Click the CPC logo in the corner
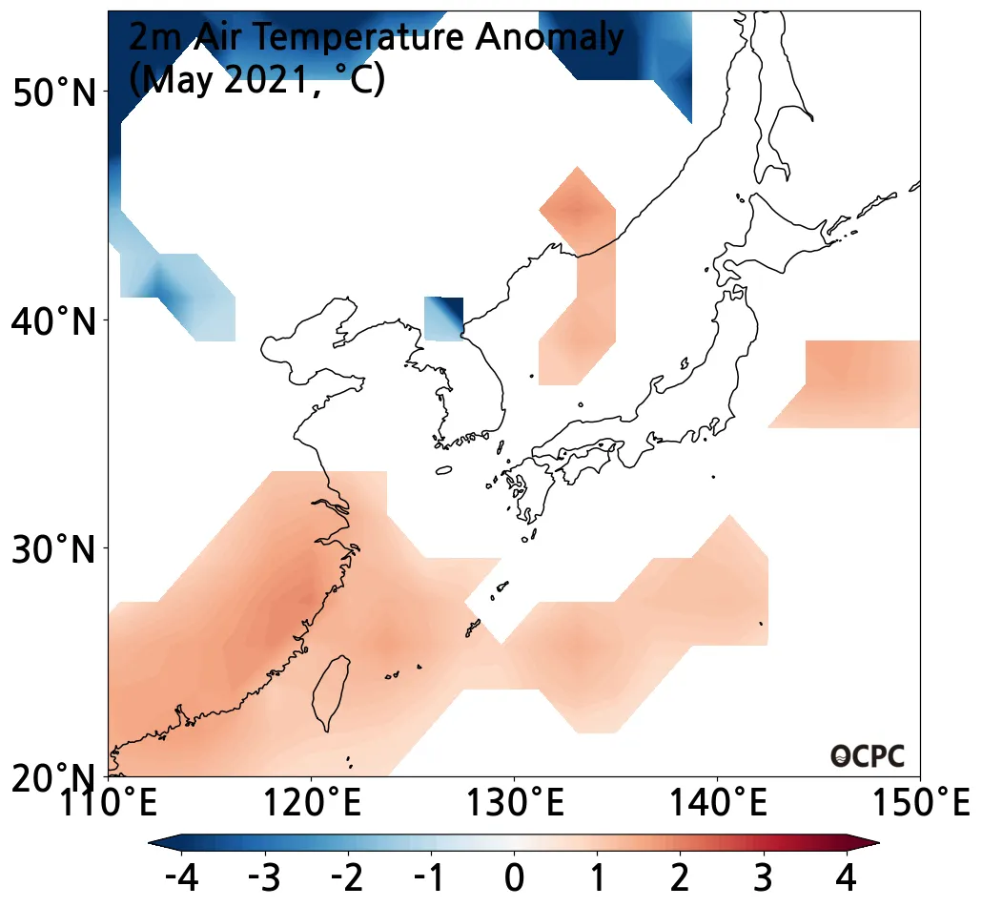[867, 756]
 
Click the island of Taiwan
[329, 691]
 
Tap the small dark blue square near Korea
[443, 319]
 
